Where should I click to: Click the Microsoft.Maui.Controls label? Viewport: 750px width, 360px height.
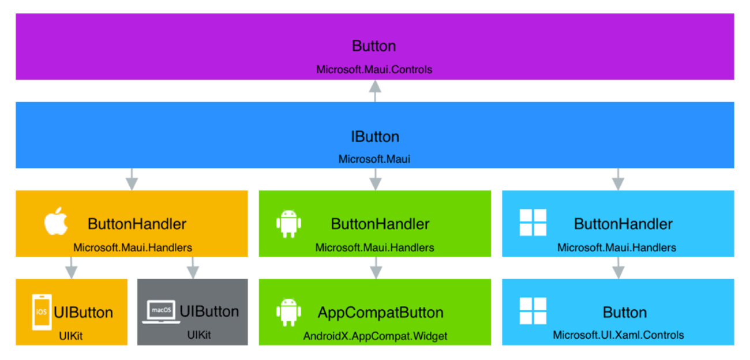pyautogui.click(x=374, y=70)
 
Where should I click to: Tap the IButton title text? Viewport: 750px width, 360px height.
pyautogui.click(x=375, y=137)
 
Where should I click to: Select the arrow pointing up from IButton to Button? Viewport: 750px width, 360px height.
pyautogui.click(x=375, y=91)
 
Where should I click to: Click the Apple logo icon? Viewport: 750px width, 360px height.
pyautogui.click(x=56, y=221)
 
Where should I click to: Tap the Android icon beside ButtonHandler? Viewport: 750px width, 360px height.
pyautogui.click(x=288, y=224)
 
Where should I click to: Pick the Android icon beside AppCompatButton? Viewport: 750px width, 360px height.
pyautogui.click(x=288, y=312)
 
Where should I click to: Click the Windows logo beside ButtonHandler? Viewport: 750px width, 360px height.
pyautogui.click(x=532, y=222)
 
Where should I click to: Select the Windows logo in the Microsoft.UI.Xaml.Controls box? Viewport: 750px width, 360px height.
pyautogui.click(x=532, y=311)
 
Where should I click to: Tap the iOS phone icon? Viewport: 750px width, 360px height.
pyautogui.click(x=42, y=312)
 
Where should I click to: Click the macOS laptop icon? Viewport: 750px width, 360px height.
pyautogui.click(x=161, y=312)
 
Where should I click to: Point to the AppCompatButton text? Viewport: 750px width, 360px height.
pyautogui.click(x=381, y=313)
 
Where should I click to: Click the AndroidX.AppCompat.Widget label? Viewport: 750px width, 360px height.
pyautogui.click(x=375, y=336)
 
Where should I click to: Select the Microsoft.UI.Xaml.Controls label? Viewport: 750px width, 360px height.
pyautogui.click(x=618, y=335)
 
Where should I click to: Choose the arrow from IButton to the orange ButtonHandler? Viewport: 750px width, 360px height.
pyautogui.click(x=132, y=179)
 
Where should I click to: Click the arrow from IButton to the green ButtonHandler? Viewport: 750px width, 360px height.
pyautogui.click(x=376, y=179)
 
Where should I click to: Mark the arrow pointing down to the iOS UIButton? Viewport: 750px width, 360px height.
pyautogui.click(x=72, y=268)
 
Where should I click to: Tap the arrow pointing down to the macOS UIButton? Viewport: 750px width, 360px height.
pyautogui.click(x=193, y=268)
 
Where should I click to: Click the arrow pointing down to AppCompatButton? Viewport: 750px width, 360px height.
pyautogui.click(x=376, y=268)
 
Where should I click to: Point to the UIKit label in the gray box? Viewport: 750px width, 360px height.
pyautogui.click(x=199, y=335)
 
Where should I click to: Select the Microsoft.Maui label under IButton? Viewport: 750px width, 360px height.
pyautogui.click(x=374, y=159)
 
